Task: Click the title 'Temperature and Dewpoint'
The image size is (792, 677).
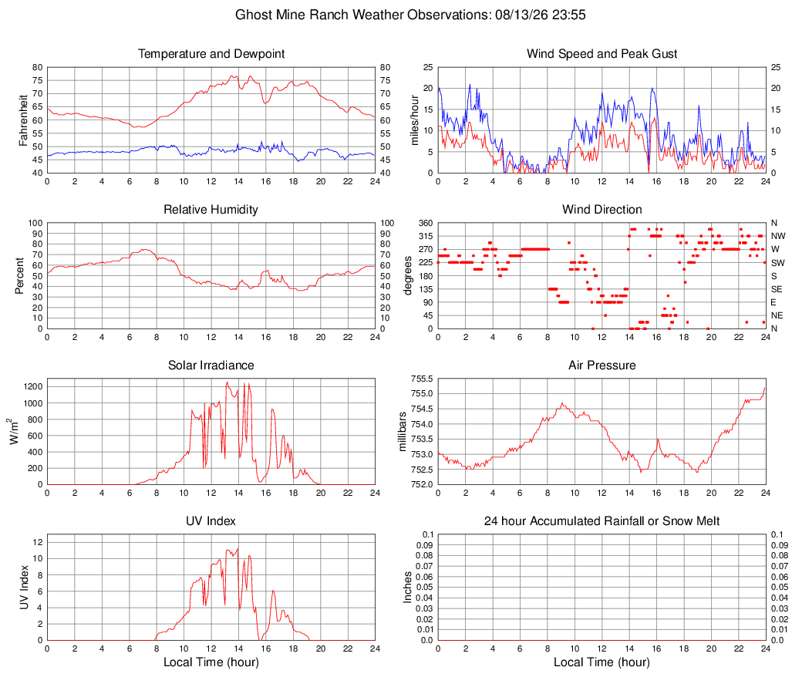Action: (211, 54)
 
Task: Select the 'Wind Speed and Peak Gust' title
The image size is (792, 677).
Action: (602, 54)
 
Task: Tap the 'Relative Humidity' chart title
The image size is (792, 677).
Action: (211, 210)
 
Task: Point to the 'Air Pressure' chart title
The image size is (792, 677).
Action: (602, 365)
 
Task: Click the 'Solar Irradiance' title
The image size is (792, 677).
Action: (211, 365)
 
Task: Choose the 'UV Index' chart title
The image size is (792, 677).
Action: (211, 521)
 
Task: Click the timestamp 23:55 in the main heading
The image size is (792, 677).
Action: (569, 15)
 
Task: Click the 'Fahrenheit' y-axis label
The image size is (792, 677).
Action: (22, 120)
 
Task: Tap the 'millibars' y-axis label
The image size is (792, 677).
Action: (402, 432)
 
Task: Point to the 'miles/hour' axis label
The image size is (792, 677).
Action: (414, 120)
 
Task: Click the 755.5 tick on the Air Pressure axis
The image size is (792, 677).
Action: (422, 379)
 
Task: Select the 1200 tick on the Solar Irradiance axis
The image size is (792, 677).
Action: (33, 387)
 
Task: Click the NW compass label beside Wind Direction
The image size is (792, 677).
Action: (778, 236)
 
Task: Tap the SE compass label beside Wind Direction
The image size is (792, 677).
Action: (777, 289)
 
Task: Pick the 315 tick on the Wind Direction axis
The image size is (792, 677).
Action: (426, 236)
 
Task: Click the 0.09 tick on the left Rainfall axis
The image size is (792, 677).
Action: (425, 544)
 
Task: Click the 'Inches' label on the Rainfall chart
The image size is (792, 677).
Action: (407, 587)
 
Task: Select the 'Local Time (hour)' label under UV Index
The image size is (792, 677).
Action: (211, 662)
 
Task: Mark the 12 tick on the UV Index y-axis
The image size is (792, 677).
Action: (38, 542)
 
